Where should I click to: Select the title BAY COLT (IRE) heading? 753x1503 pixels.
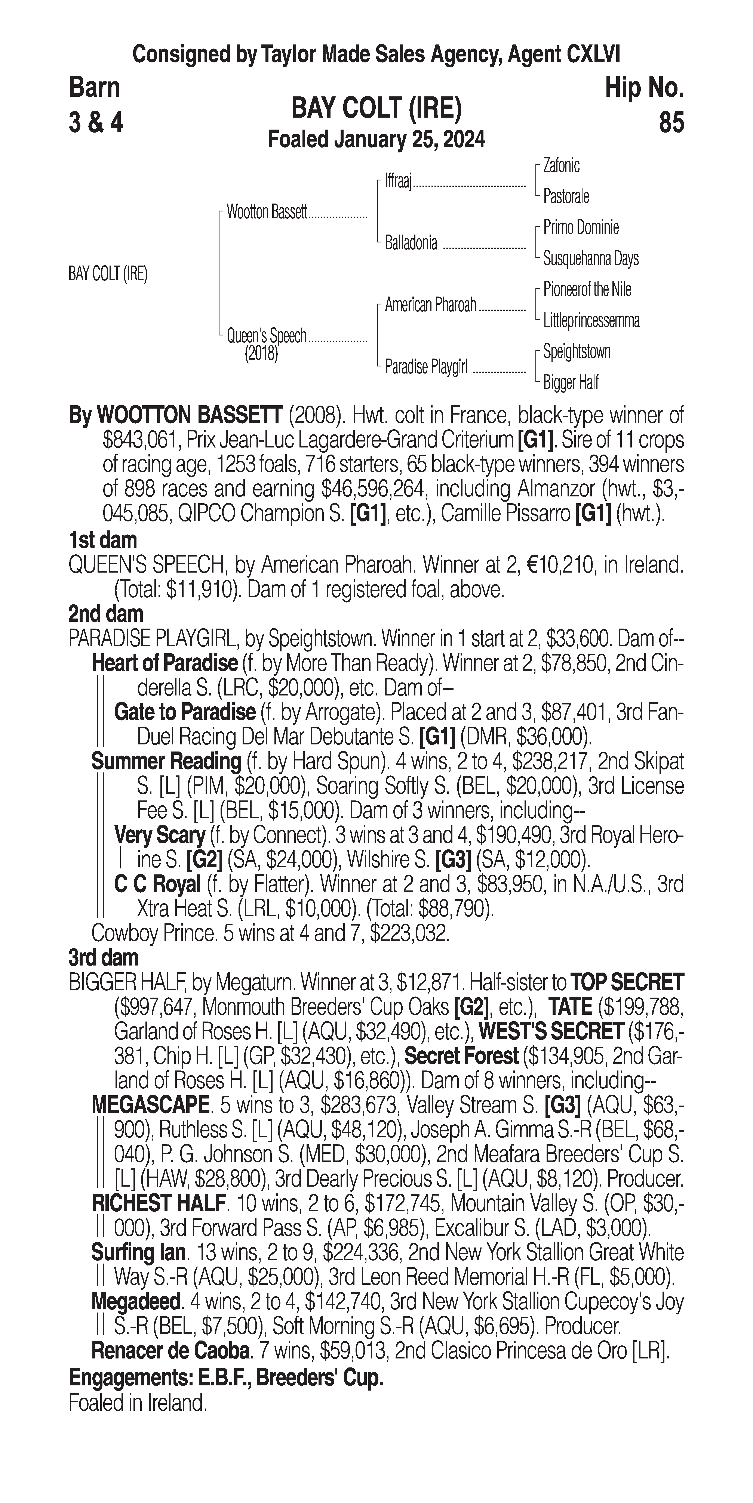(x=376, y=109)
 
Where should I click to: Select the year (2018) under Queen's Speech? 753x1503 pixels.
(x=261, y=354)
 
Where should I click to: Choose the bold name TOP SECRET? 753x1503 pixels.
(x=626, y=983)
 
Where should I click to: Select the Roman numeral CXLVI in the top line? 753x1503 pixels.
(x=592, y=55)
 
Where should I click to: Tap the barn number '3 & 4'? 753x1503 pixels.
(x=96, y=123)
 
